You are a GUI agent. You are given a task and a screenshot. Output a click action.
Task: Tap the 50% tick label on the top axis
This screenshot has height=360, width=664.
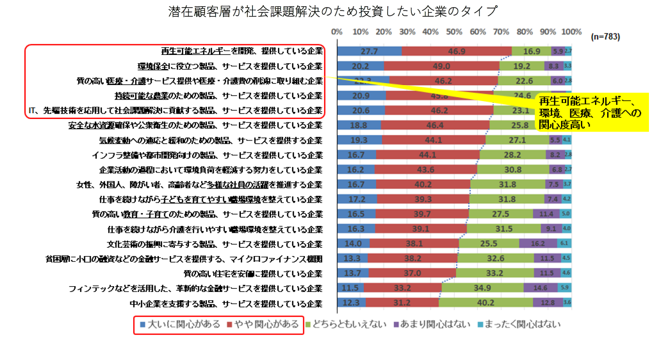[x=454, y=32]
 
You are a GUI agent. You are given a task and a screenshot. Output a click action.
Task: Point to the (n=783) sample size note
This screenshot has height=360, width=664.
[x=606, y=36]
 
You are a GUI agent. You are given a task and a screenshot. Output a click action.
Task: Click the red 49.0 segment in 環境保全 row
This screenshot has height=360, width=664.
[x=442, y=66]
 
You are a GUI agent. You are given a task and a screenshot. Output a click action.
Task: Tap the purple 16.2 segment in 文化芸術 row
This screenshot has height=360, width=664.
[x=538, y=244]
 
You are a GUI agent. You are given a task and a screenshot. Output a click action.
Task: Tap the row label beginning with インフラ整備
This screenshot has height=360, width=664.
[x=207, y=155]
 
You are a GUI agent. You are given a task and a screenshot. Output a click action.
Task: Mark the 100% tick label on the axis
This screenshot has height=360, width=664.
[x=571, y=32]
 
